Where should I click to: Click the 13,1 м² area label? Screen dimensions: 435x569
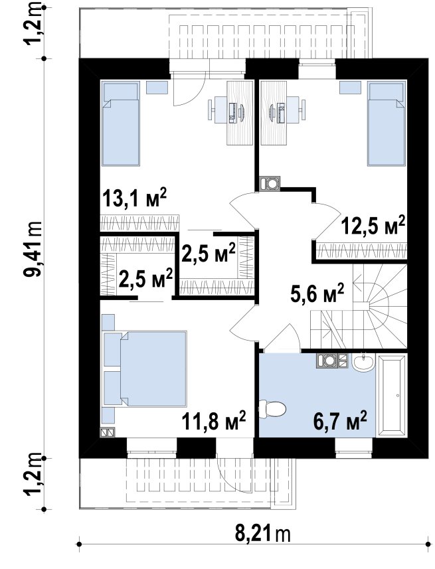(134, 198)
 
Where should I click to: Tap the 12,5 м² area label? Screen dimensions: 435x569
(373, 225)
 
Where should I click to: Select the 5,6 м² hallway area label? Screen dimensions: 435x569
(317, 293)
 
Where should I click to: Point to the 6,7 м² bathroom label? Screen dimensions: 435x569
(340, 420)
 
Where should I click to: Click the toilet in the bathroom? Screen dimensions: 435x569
(272, 408)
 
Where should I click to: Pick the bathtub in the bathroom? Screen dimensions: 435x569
(391, 396)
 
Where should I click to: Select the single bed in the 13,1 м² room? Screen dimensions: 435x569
(121, 123)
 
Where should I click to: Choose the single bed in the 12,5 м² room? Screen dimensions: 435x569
(386, 123)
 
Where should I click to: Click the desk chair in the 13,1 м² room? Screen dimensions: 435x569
(219, 108)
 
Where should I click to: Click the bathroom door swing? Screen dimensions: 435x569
(282, 338)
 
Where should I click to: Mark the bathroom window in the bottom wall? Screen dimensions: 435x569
(354, 446)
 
